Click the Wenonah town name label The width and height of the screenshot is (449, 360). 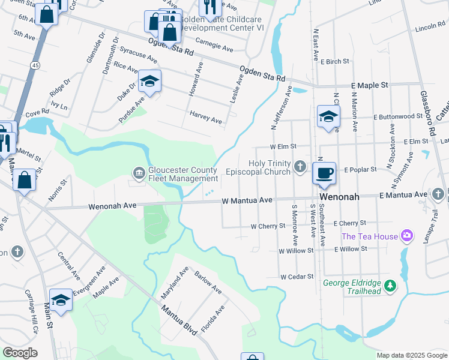coord(339,197)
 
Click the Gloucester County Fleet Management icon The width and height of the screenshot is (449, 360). coord(139,174)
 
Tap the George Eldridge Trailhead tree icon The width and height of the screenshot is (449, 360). coord(391,286)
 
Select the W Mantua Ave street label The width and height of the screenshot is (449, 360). coord(247,200)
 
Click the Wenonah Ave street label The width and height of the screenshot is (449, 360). coord(113,205)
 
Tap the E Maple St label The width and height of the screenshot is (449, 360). coord(370,86)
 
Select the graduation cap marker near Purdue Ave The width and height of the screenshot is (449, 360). coord(149,82)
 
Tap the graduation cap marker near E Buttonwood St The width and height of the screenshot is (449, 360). coord(328,117)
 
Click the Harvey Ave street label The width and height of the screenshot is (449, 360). coord(206,117)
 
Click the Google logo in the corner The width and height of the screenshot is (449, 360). coord(20,353)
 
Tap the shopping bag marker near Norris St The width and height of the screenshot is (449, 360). coord(24,180)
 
